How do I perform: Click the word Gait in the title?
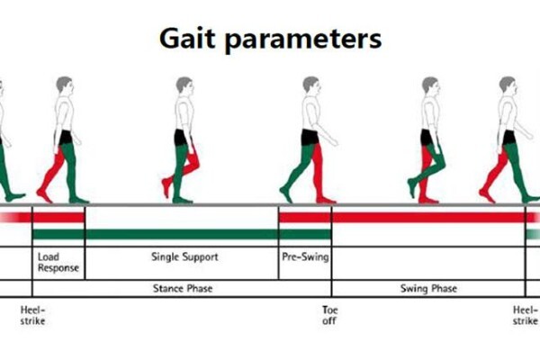[x=187, y=38]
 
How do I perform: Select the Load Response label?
[x=58, y=262]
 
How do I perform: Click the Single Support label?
[x=184, y=257]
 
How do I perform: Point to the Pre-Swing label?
[x=305, y=256]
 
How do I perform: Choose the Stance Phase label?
[x=183, y=288]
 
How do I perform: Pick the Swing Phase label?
[x=428, y=288]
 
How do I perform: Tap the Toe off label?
[x=329, y=315]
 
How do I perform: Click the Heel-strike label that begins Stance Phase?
[x=32, y=315]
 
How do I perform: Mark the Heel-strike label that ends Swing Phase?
[x=526, y=315]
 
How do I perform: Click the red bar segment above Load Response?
[x=58, y=218]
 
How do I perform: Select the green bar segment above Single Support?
[x=182, y=234]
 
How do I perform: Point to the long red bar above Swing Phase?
[x=428, y=218]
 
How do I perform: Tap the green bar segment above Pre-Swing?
[x=305, y=234]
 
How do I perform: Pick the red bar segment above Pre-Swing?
[x=305, y=218]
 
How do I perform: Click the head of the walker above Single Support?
[x=184, y=85]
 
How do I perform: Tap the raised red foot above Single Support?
[x=166, y=186]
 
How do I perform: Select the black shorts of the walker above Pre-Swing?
[x=310, y=137]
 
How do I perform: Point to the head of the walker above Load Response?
[x=65, y=85]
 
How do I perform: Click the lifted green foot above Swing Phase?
[x=413, y=187]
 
